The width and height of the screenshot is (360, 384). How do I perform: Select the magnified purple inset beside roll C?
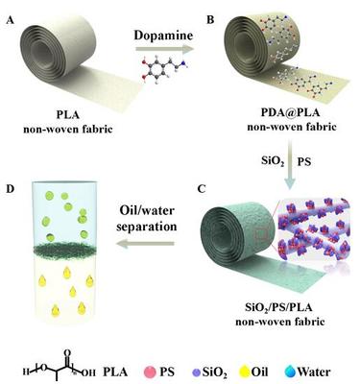click(311, 236)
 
